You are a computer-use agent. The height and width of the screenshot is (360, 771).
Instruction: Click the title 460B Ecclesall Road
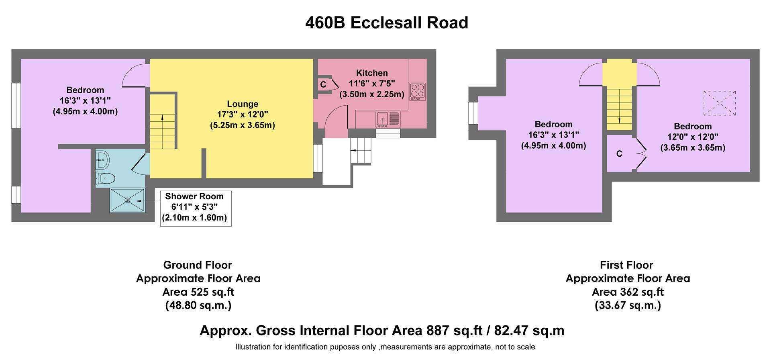pyautogui.click(x=386, y=22)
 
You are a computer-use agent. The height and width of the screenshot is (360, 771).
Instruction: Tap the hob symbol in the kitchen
pyautogui.click(x=417, y=92)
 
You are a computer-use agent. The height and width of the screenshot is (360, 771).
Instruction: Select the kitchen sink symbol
pyautogui.click(x=388, y=119)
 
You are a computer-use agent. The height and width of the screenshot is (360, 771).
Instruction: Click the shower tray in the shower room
pyautogui.click(x=127, y=200)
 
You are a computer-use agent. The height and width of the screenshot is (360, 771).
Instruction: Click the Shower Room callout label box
pyautogui.click(x=195, y=208)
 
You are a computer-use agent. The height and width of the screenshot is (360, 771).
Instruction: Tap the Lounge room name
pyautogui.click(x=243, y=104)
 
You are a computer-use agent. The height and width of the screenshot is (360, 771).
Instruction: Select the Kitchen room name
pyautogui.click(x=372, y=73)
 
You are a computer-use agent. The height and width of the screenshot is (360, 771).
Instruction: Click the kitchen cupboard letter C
pyautogui.click(x=323, y=85)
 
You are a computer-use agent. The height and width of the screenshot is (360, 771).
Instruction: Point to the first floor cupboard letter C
pyautogui.click(x=619, y=154)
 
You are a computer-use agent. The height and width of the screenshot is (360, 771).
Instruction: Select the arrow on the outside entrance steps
pyautogui.click(x=354, y=150)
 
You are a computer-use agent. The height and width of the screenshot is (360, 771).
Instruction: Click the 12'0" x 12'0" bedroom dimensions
pyautogui.click(x=693, y=137)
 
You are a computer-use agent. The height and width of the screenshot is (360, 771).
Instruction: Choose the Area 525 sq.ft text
pyautogui.click(x=198, y=292)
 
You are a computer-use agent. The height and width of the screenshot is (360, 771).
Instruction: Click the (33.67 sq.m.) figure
pyautogui.click(x=627, y=305)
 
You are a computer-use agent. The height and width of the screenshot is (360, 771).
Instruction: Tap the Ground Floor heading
pyautogui.click(x=198, y=265)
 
